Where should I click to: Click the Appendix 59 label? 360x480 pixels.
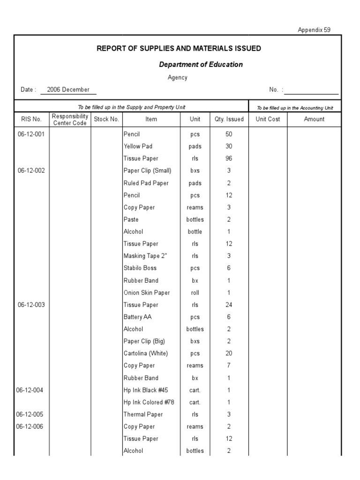click(x=314, y=30)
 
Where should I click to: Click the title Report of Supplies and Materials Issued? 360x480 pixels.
click(x=179, y=48)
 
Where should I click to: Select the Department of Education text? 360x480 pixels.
click(x=201, y=65)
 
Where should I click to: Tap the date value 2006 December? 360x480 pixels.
click(x=68, y=90)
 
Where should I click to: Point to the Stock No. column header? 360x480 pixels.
click(x=106, y=119)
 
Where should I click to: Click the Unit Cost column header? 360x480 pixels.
click(x=268, y=119)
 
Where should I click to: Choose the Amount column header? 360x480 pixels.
click(x=314, y=119)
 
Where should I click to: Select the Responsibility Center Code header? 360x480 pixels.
click(x=70, y=119)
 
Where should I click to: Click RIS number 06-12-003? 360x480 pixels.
click(x=31, y=305)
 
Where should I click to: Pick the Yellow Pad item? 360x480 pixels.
click(x=138, y=146)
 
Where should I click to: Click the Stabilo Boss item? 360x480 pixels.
click(x=140, y=268)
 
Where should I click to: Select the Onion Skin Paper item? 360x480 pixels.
click(x=146, y=292)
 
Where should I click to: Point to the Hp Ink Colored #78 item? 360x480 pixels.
click(x=149, y=402)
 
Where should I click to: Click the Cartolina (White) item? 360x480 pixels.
click(x=145, y=353)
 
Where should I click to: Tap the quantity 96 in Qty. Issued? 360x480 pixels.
click(x=229, y=158)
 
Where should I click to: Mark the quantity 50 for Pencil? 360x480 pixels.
click(x=229, y=134)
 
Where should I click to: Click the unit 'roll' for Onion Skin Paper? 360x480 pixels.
click(x=195, y=292)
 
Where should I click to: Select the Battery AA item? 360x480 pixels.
click(x=137, y=317)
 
